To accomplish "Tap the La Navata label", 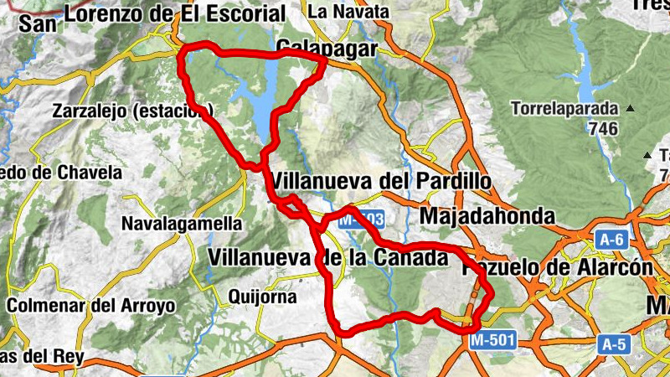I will [x=349, y=12].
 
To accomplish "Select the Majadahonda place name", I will [x=487, y=216].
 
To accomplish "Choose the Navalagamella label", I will [x=182, y=224].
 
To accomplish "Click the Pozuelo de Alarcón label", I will [x=557, y=267].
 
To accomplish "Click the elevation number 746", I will [x=603, y=129].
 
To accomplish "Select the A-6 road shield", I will [x=612, y=240].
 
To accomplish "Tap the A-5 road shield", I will [x=613, y=343].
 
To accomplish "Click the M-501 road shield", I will [x=492, y=340].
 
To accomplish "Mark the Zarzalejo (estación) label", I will [x=132, y=111].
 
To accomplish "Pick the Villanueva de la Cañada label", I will [x=327, y=258].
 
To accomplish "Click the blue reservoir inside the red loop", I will [x=260, y=105].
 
